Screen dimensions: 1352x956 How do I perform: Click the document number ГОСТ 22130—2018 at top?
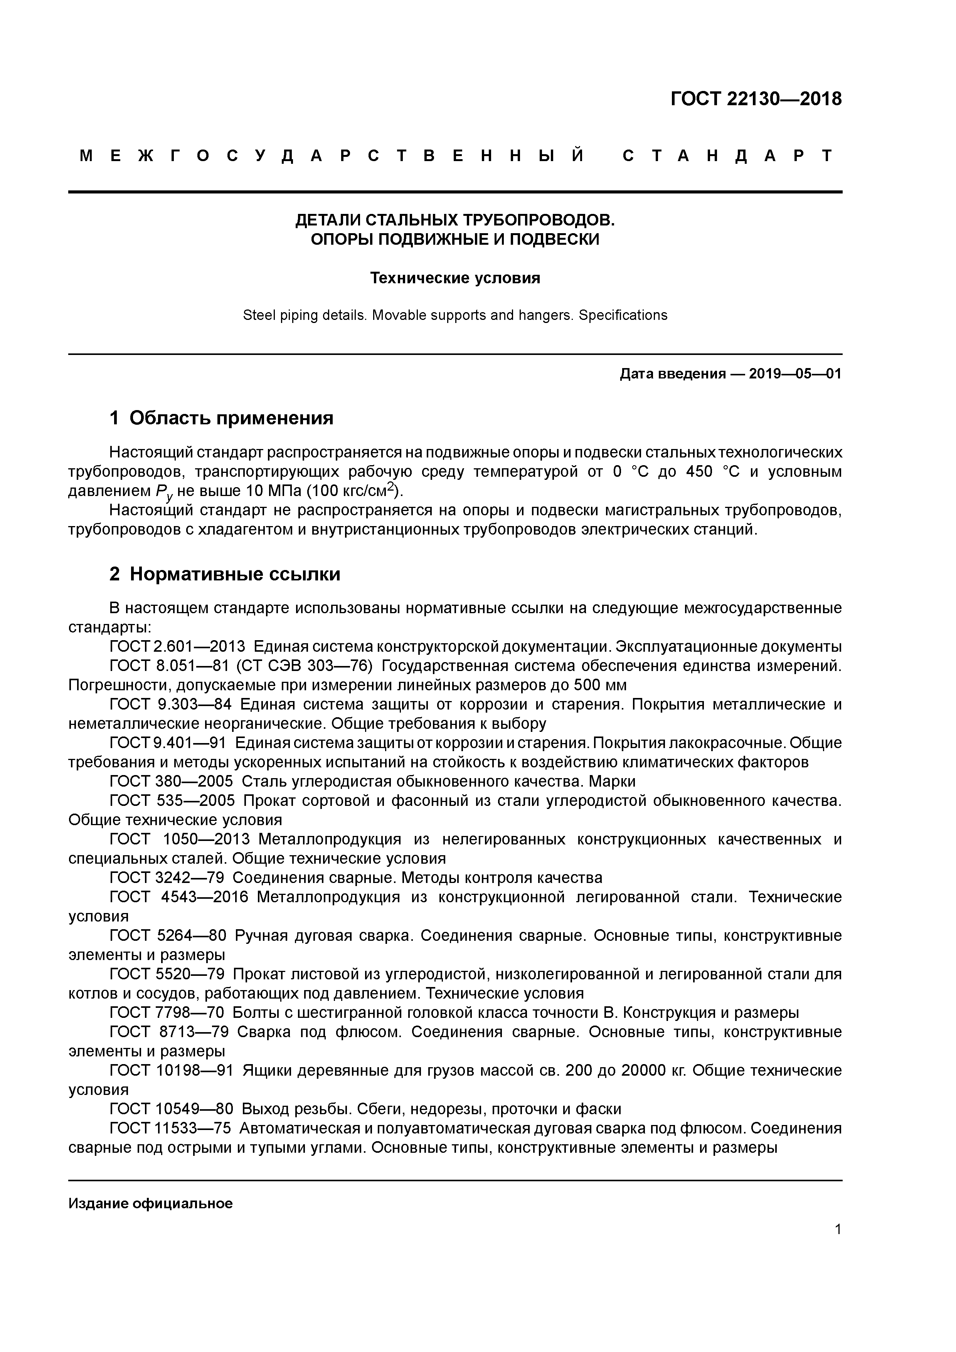pyautogui.click(x=756, y=99)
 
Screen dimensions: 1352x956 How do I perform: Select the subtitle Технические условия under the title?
pyautogui.click(x=455, y=278)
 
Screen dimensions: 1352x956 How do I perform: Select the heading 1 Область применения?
pyautogui.click(x=222, y=418)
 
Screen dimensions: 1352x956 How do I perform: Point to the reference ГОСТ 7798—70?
pyautogui.click(x=167, y=1013)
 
